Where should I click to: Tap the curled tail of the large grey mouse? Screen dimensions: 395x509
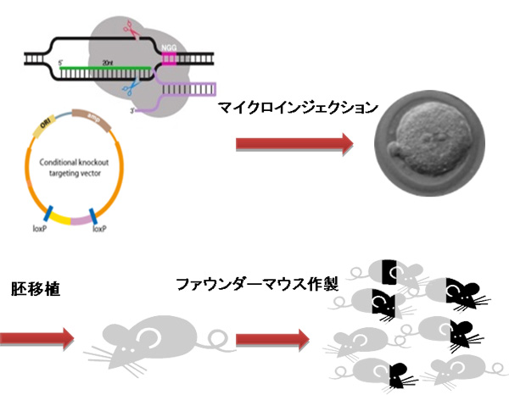click(219, 340)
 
